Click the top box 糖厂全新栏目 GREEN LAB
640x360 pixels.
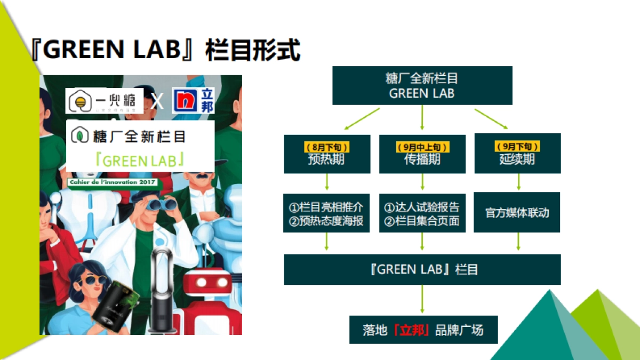[x=422, y=85]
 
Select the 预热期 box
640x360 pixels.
[x=326, y=154]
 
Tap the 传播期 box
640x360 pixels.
[x=422, y=154]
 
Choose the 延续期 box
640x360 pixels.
[x=517, y=154]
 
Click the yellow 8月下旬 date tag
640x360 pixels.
[x=326, y=147]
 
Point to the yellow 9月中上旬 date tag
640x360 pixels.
[x=422, y=147]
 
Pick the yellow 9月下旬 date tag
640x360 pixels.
[x=517, y=147]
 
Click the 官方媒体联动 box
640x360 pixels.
[x=517, y=212]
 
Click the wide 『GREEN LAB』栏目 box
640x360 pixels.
[x=422, y=269]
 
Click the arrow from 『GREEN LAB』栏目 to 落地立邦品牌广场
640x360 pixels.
[x=422, y=299]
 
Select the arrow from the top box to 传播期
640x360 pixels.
[x=422, y=118]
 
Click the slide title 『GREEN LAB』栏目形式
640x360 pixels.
[x=165, y=49]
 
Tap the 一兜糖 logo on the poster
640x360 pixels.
[x=105, y=101]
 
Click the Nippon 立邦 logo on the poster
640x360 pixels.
[x=193, y=100]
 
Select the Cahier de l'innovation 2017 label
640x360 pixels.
[x=113, y=182]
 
